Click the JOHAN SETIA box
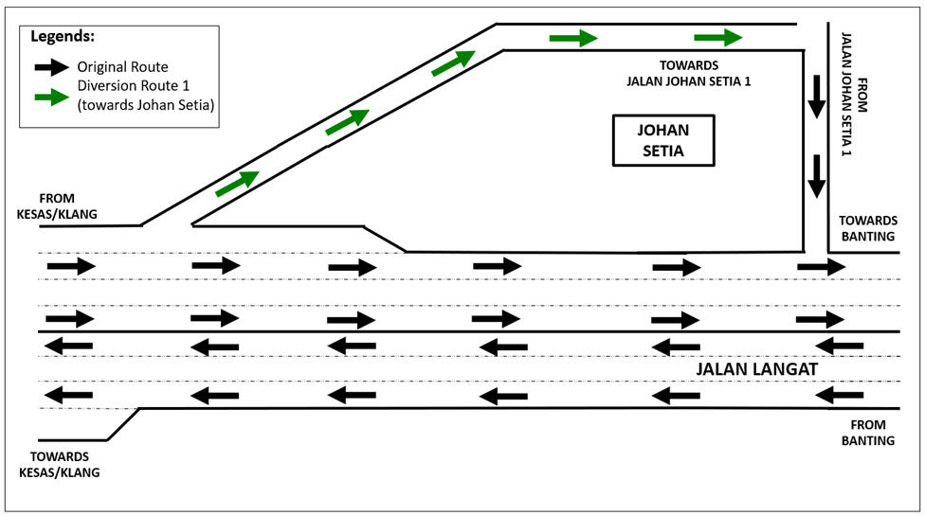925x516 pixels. coord(662,140)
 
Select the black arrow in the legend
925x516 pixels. coord(52,67)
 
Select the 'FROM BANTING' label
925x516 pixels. coord(867,433)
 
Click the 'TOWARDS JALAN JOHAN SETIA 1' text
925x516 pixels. coord(689,75)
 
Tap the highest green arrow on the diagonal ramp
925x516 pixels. coord(453,63)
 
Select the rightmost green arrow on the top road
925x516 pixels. coord(717,38)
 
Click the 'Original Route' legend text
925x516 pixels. coord(123,67)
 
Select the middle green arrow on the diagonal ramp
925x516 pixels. coord(347,122)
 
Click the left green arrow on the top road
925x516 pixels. coord(573,39)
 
